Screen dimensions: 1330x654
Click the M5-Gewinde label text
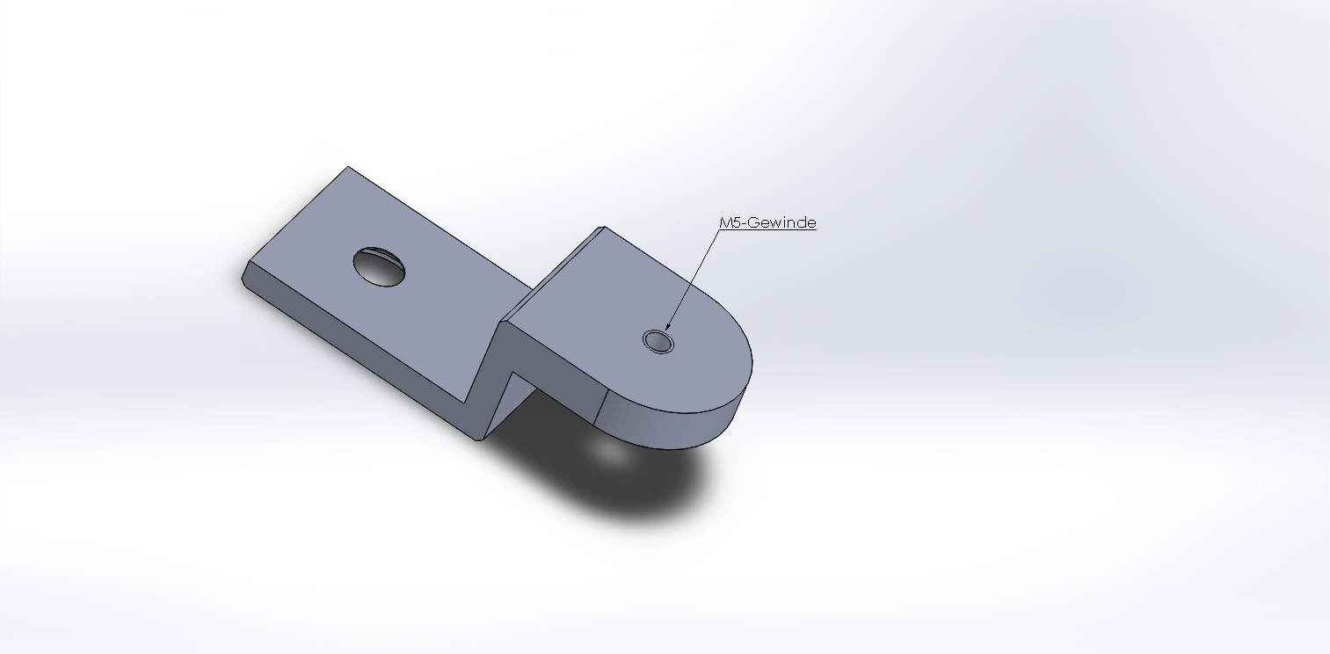[767, 222]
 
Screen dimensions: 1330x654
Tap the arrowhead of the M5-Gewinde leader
[668, 326]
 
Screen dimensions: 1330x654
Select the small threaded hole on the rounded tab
[658, 342]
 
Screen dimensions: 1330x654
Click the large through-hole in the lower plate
[379, 266]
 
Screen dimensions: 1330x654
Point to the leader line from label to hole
[694, 278]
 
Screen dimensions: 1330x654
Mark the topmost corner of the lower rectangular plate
[348, 167]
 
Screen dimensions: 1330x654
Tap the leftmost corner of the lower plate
[243, 278]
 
